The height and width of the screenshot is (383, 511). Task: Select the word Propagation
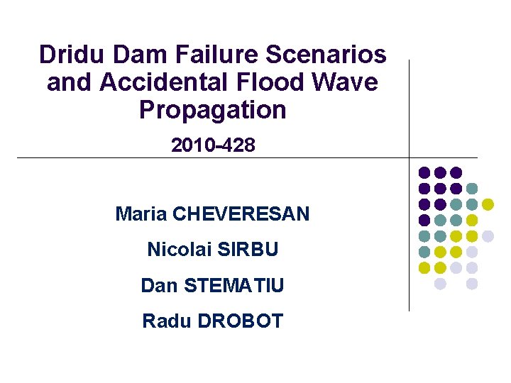[x=213, y=111]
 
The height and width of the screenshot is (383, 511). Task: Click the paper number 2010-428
[x=213, y=145]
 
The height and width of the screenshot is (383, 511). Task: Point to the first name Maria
[x=141, y=213]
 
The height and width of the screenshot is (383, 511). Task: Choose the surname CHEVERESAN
[x=241, y=213]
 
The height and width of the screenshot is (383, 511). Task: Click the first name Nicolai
[x=177, y=250]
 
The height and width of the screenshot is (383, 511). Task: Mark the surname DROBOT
[x=240, y=321]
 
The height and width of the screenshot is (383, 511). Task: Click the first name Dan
[x=158, y=286]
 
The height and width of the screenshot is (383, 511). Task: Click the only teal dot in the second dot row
[x=472, y=189]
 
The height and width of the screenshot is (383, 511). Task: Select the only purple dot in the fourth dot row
[x=424, y=220]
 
